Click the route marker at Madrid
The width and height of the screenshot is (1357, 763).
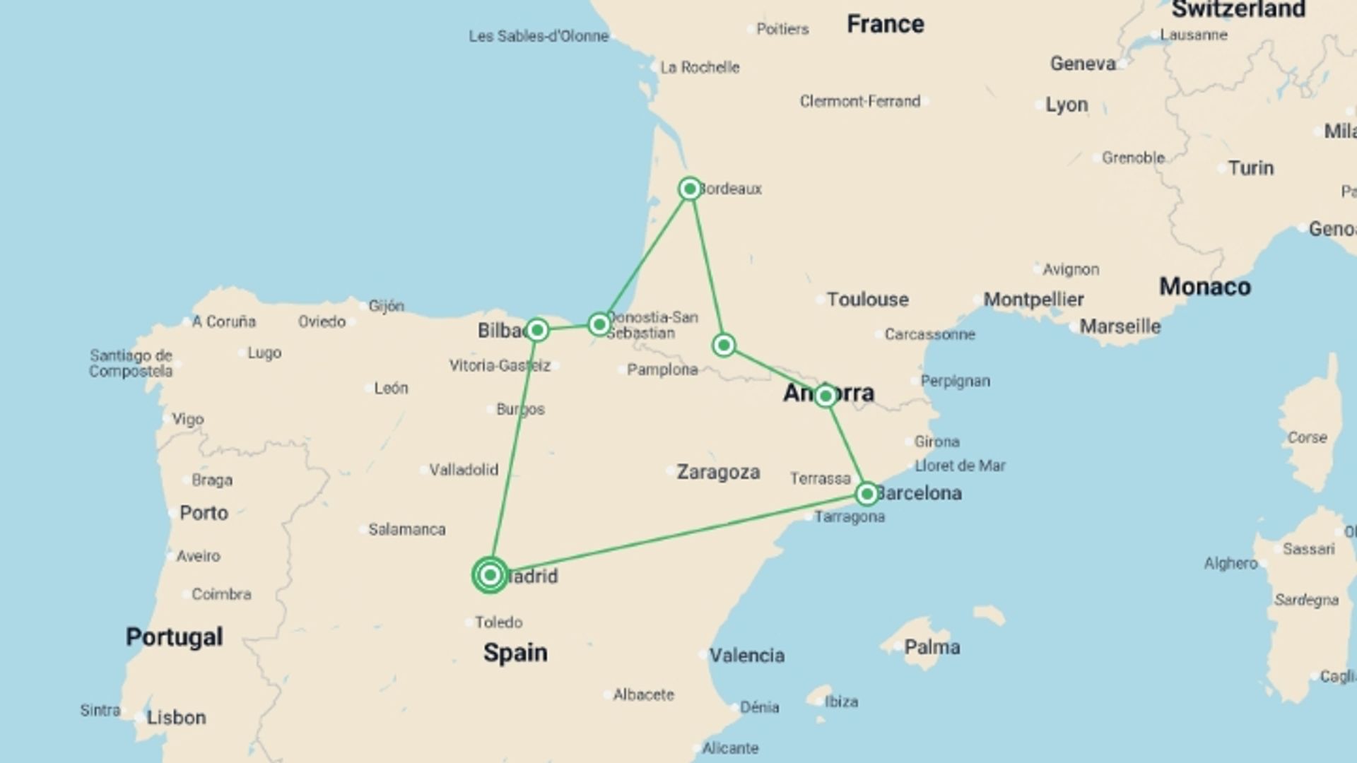(490, 575)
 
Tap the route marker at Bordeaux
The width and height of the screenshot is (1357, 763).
(690, 189)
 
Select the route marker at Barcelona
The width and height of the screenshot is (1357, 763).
(867, 493)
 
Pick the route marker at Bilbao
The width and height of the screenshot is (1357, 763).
(537, 330)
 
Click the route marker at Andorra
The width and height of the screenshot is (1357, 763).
(825, 396)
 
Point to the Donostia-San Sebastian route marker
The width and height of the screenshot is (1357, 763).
(599, 324)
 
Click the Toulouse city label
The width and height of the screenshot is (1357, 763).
(867, 300)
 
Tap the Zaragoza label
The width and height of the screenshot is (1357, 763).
(718, 472)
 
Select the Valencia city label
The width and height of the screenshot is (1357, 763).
(746, 656)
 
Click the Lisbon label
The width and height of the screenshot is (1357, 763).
(176, 718)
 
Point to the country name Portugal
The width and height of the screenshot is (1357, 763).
(174, 637)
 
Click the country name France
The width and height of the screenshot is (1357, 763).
(886, 24)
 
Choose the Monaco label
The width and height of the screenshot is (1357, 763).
(1205, 287)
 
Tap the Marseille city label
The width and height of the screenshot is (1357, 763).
(1120, 327)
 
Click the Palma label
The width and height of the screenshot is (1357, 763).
(932, 647)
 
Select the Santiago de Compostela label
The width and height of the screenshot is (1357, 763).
(131, 363)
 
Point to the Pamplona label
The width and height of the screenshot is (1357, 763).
(662, 369)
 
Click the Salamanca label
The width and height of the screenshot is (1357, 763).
(406, 530)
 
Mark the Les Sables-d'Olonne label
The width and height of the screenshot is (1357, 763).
(539, 36)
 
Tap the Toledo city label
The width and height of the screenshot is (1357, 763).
(498, 622)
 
